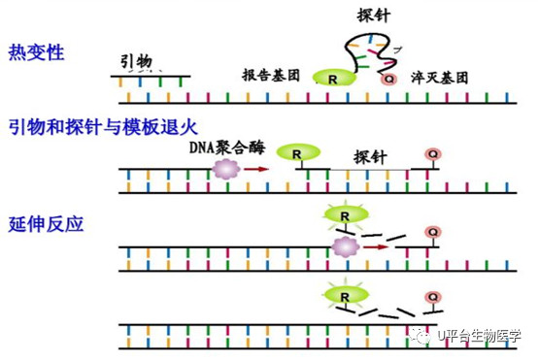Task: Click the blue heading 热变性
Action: (x=36, y=52)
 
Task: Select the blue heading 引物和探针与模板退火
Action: (x=103, y=127)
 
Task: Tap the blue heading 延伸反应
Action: (x=46, y=224)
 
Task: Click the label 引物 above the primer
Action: (x=136, y=62)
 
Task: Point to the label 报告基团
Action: (x=271, y=76)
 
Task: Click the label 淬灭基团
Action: (x=440, y=78)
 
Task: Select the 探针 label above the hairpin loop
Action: (x=374, y=16)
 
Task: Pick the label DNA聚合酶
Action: (x=227, y=147)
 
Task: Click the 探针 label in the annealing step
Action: (x=370, y=157)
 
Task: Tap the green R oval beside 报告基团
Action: (x=334, y=78)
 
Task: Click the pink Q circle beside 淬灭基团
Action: (x=388, y=80)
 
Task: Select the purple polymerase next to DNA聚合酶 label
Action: (x=225, y=169)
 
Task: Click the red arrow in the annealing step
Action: (x=256, y=169)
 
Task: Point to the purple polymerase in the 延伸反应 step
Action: (x=346, y=246)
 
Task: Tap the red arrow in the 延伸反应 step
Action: (x=376, y=246)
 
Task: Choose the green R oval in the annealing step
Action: (x=298, y=152)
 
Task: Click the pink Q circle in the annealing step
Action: (x=433, y=154)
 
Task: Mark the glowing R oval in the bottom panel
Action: (x=346, y=295)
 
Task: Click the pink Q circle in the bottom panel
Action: (x=433, y=297)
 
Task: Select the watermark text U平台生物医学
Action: (x=480, y=336)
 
